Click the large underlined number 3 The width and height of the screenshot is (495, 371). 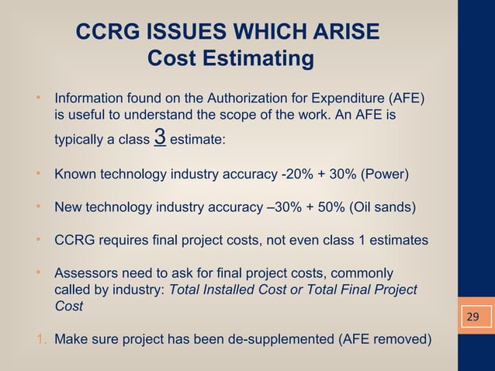click(161, 137)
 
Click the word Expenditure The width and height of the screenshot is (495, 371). click(350, 99)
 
